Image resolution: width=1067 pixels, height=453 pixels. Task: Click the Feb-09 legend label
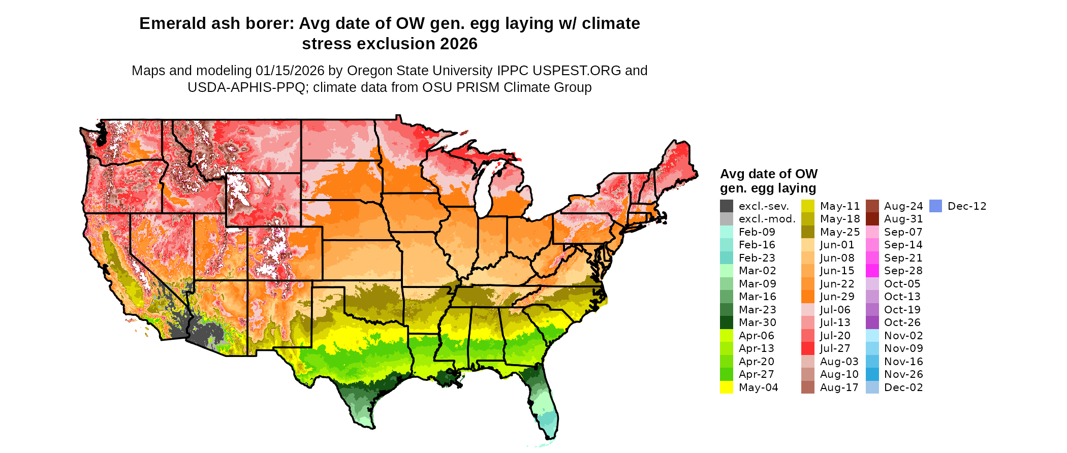point(757,232)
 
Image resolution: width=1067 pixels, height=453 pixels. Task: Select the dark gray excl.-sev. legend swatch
point(727,206)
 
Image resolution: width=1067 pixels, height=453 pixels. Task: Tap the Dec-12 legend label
point(967,206)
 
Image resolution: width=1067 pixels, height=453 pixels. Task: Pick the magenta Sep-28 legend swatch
point(872,271)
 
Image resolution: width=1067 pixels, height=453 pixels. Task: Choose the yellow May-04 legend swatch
point(727,387)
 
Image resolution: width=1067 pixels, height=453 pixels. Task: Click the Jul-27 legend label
point(835,348)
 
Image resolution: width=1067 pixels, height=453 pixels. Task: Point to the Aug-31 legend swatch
point(872,219)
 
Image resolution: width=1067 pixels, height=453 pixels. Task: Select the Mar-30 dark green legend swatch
point(727,322)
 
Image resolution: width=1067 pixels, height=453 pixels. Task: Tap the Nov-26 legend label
point(903,374)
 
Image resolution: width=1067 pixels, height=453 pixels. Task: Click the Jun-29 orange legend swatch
point(808,297)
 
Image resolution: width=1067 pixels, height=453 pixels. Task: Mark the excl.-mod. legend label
point(767,219)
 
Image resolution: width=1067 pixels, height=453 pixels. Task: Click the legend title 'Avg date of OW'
point(768,174)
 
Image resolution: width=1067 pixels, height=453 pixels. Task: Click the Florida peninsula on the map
point(544,401)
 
